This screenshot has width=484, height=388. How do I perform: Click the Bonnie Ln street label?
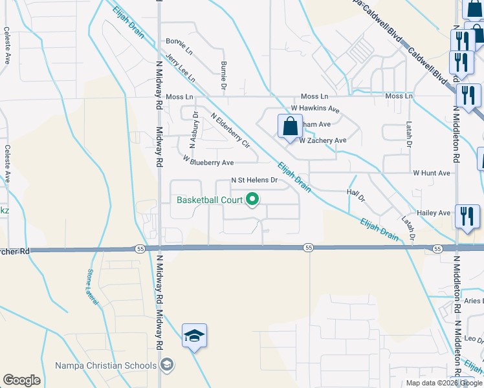click(179, 46)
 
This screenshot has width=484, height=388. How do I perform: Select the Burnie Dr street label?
click(224, 75)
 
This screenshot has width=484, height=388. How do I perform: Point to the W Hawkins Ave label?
click(315, 109)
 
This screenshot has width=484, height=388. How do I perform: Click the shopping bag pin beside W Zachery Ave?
click(290, 127)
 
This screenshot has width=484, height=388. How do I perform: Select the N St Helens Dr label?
click(254, 180)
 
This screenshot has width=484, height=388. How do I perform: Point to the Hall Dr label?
click(357, 193)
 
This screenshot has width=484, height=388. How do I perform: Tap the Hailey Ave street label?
click(435, 213)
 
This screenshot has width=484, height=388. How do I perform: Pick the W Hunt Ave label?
click(432, 173)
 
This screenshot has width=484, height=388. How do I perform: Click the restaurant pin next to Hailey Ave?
click(467, 217)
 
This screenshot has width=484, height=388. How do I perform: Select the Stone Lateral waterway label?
click(93, 288)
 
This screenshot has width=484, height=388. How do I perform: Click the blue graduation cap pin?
click(194, 336)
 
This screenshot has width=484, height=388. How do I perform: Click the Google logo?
click(21, 380)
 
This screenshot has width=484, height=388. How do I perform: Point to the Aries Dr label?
click(473, 301)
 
